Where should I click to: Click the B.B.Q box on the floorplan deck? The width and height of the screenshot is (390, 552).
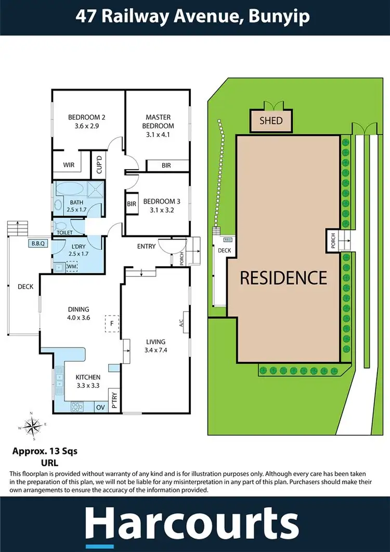tap(37, 243)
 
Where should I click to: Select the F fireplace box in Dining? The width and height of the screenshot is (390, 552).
tap(111, 323)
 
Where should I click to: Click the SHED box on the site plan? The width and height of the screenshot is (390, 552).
tap(271, 121)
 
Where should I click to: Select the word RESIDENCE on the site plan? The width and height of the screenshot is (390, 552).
tap(283, 278)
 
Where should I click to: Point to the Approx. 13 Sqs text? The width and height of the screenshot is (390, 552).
tap(44, 451)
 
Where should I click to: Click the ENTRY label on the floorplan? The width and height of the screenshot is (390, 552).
tap(146, 246)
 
